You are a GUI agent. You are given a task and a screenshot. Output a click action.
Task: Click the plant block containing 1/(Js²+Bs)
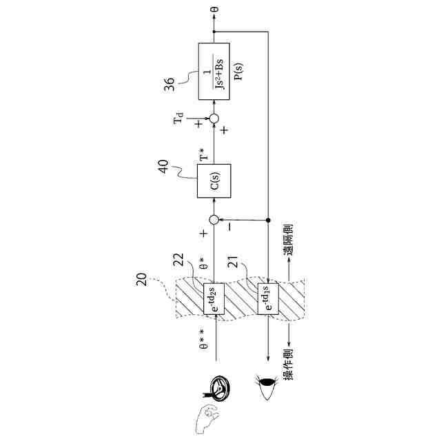click(214, 66)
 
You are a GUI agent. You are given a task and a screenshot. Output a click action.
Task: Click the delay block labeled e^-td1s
click(268, 298)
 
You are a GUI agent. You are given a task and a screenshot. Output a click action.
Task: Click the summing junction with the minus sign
click(214, 220)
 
